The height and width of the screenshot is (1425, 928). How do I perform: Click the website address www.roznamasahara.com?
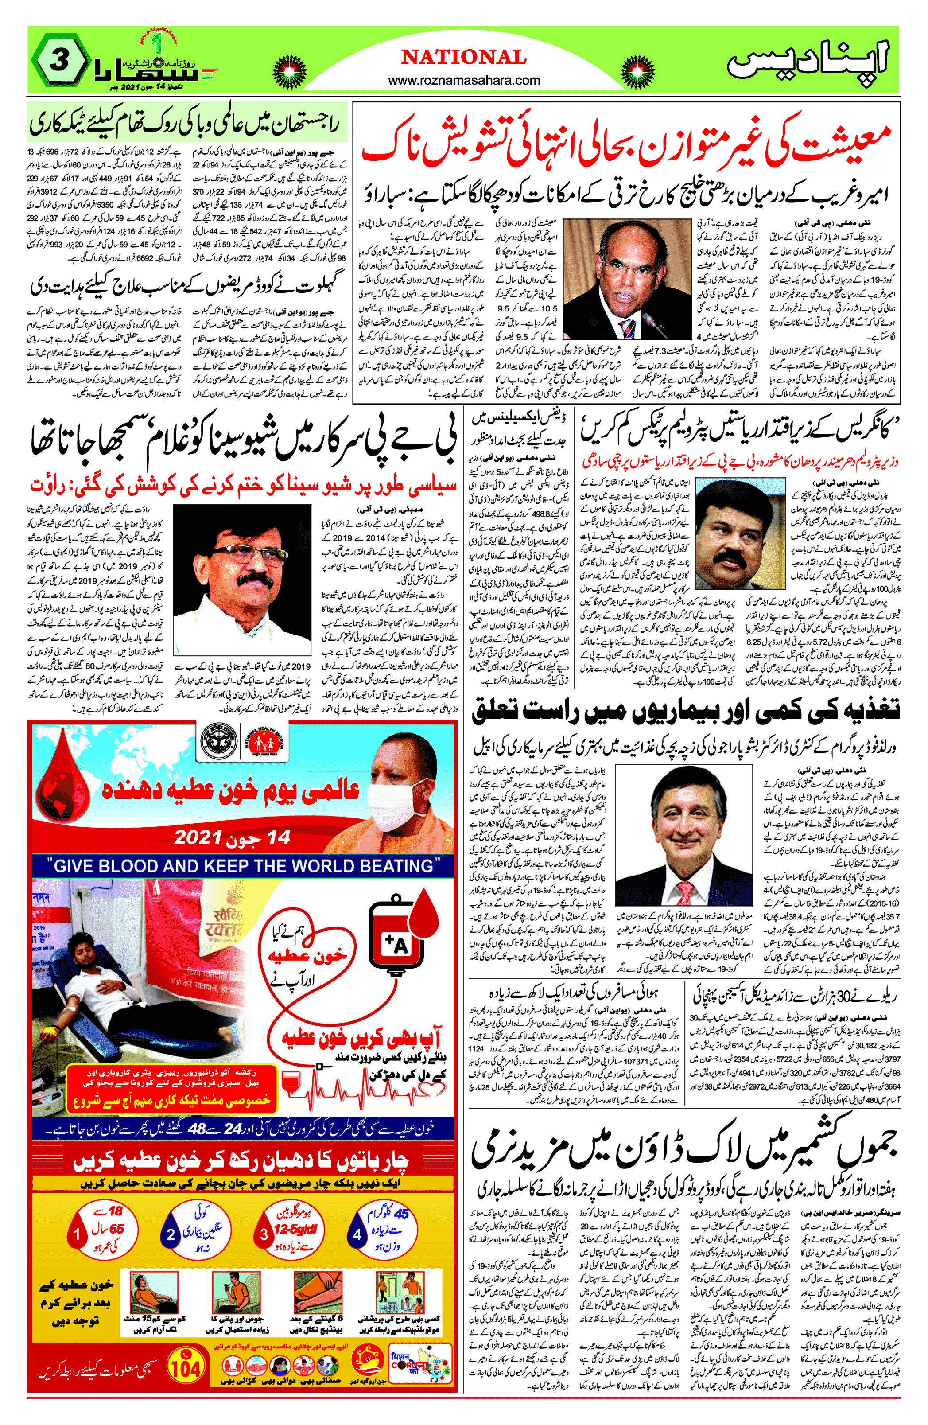[464, 80]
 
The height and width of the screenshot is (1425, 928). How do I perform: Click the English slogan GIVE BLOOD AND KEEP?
[242, 866]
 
